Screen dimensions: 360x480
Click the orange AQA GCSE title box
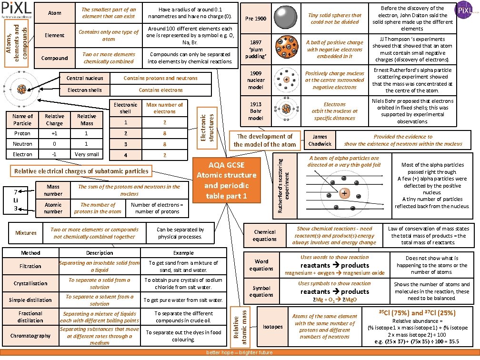227,179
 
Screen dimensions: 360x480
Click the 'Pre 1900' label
256,19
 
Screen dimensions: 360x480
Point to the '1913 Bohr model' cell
256,111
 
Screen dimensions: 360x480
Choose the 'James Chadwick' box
320,140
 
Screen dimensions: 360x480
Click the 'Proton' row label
22,133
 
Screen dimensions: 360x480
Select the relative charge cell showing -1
54,154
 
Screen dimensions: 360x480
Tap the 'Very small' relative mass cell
87,154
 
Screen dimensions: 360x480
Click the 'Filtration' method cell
30,266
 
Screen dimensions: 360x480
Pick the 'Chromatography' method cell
30,336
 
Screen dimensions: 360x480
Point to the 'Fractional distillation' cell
30,317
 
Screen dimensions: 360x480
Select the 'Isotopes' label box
272,327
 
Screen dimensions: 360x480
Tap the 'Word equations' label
261,265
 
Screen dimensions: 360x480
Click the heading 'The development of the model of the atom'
265,140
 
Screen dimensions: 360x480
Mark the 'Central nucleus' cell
85,78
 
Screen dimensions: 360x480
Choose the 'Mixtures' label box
26,233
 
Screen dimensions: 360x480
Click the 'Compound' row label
55,58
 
